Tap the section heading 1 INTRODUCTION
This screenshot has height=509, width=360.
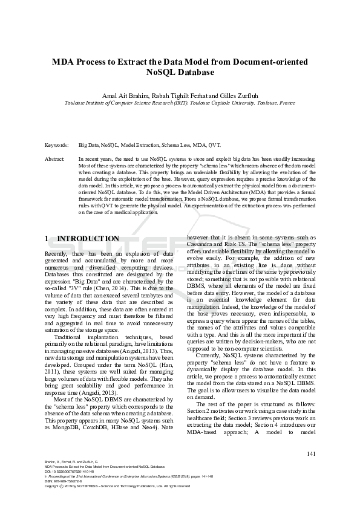click(x=82, y=239)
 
